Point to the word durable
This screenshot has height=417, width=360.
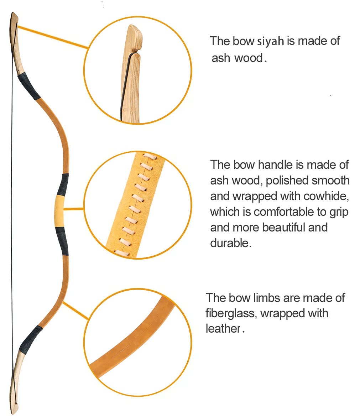230,243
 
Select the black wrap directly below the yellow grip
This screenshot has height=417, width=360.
62,241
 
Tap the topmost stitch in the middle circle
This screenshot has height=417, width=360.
150,156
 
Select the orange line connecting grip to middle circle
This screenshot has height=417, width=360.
74,209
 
